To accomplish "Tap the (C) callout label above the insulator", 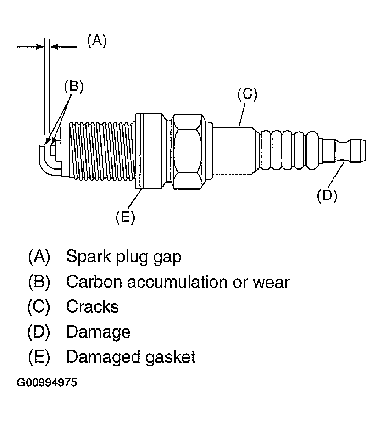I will [247, 94].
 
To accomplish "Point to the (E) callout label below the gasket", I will [125, 217].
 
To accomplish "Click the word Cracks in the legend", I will [92, 306].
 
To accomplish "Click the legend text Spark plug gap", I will [123, 257].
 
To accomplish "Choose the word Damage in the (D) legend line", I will [98, 332].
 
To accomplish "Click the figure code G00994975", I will [47, 382].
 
